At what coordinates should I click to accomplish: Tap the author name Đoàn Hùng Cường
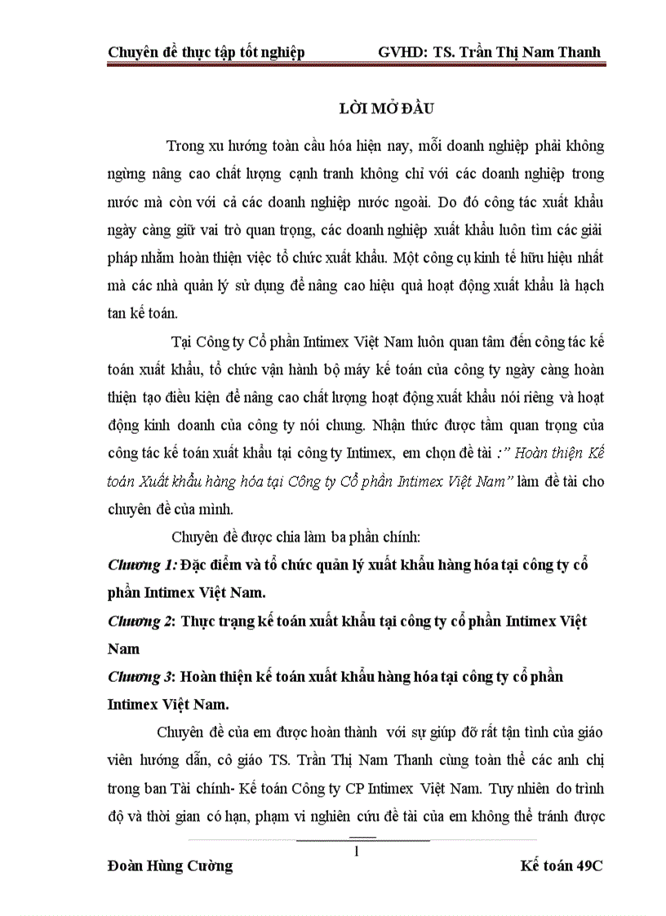(x=170, y=866)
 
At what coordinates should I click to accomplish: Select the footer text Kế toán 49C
(x=561, y=866)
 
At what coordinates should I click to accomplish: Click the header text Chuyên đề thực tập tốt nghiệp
(x=206, y=52)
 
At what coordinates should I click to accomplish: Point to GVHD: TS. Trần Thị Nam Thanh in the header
(x=489, y=52)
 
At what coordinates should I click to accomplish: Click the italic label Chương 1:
(x=142, y=564)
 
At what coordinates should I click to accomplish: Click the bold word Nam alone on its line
(x=123, y=649)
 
